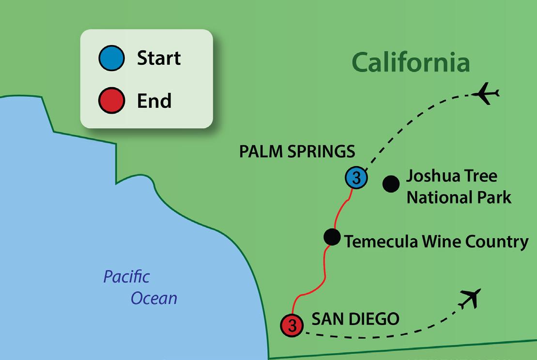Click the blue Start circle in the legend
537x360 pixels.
pos(112,58)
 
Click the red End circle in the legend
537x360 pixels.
pos(112,101)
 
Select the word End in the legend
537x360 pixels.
pos(154,101)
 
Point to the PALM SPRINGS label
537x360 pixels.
pos(297,152)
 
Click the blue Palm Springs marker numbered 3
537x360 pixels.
pos(356,178)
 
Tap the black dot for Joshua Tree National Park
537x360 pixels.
pos(391,183)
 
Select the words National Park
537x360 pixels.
pos(459,197)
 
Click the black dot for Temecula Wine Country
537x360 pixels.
pos(332,237)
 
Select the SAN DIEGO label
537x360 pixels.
pos(355,319)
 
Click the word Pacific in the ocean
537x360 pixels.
pos(126,277)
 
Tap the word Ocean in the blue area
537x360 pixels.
pos(154,298)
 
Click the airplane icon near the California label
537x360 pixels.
pos(487,93)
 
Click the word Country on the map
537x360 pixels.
pos(498,241)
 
